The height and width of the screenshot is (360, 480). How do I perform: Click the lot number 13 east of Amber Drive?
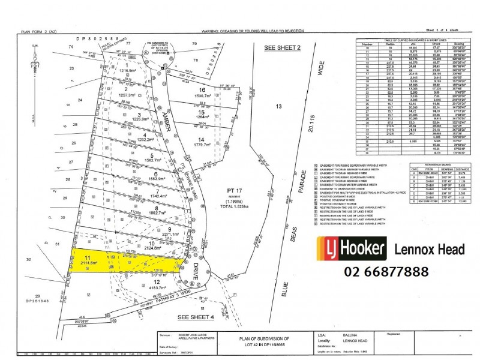(x=278, y=106)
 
